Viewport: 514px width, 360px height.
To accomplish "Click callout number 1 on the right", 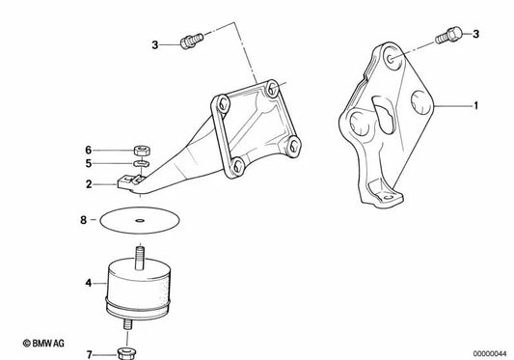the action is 474,102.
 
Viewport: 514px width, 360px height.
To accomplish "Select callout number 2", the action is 88,183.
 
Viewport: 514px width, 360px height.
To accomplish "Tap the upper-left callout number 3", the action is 154,43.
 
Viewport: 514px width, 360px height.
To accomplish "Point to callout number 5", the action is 88,165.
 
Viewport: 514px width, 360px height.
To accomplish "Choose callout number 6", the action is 88,150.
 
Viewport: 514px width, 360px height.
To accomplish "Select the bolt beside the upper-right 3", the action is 447,37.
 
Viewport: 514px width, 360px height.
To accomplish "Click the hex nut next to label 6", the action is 139,151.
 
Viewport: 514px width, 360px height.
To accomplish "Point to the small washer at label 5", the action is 138,165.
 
